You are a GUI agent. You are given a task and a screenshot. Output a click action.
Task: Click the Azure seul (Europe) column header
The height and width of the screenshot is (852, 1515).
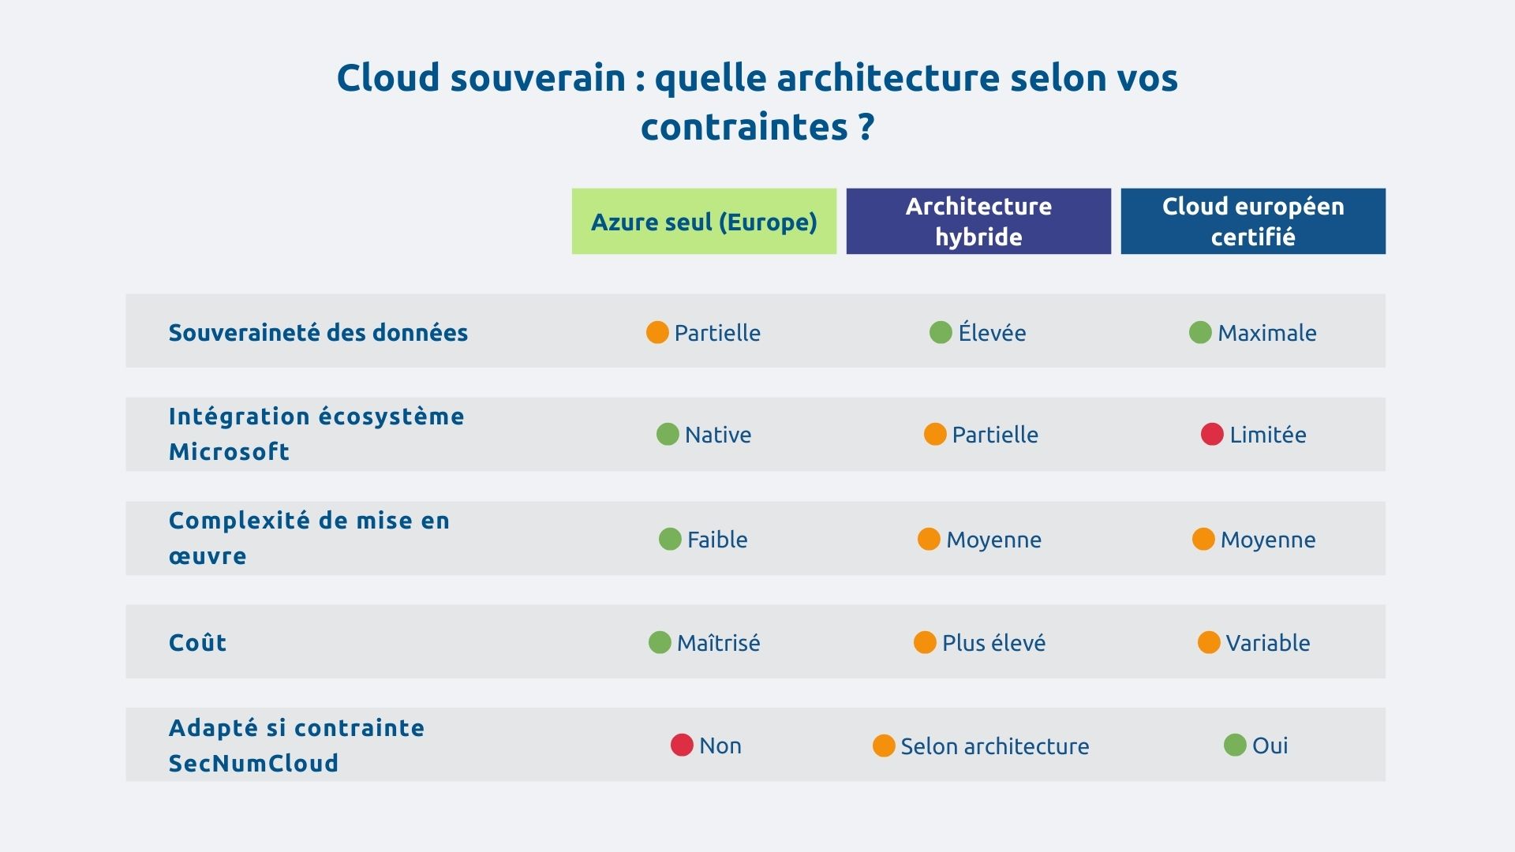[704, 222]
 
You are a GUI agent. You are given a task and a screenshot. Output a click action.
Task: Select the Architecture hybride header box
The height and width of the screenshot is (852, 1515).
[978, 222]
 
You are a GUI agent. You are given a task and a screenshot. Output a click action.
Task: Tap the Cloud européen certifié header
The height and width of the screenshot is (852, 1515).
[1253, 222]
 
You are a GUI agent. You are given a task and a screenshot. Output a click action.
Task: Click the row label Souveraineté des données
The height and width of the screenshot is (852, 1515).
[318, 332]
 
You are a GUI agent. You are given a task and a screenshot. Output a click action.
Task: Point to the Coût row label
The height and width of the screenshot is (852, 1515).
[197, 642]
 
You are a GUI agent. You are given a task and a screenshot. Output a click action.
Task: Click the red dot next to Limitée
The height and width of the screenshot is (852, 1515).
[1212, 434]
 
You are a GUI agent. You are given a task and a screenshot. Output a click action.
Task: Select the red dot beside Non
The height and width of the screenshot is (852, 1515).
[682, 745]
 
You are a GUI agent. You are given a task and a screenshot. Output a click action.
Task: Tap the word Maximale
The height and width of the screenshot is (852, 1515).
[1266, 333]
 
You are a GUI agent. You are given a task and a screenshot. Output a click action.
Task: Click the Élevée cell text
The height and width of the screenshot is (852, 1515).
[992, 333]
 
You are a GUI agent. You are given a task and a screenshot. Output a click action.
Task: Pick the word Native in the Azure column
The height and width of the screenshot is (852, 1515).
[718, 435]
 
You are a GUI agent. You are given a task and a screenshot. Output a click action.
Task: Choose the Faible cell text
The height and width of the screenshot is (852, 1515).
[717, 540]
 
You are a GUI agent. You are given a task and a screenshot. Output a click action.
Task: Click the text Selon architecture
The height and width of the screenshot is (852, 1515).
[994, 746]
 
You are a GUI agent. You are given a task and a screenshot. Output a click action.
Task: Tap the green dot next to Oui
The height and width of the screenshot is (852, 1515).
[1235, 745]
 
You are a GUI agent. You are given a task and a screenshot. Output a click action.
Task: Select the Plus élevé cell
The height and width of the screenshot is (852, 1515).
[993, 643]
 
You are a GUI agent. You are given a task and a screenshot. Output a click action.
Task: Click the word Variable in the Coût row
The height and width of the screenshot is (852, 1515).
[1267, 643]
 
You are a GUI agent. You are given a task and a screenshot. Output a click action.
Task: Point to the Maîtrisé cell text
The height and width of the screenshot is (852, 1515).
[718, 643]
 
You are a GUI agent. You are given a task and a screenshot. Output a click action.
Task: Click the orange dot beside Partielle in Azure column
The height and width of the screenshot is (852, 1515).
[657, 332]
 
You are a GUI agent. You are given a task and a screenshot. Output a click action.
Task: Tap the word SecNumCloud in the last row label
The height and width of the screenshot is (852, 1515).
[253, 763]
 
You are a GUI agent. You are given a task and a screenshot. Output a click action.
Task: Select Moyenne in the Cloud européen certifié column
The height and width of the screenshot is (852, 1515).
[1267, 540]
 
